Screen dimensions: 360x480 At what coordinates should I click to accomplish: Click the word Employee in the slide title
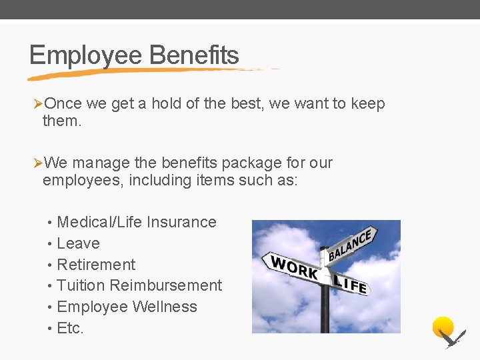[86, 55]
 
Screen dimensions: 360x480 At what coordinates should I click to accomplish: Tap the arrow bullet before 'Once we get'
[38, 104]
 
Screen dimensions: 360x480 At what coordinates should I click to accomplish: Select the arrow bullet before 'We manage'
[38, 163]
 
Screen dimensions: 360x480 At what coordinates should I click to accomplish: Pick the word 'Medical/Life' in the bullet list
[99, 222]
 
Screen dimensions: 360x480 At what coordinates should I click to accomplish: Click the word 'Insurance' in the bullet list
[181, 222]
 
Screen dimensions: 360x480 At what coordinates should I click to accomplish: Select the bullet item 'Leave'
[78, 243]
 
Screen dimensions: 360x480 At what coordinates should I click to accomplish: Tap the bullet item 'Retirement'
[96, 265]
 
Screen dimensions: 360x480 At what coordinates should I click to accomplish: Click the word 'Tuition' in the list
[81, 285]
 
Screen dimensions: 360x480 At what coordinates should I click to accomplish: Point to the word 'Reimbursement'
[166, 285]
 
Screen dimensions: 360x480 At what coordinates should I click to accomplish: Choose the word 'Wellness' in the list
[165, 307]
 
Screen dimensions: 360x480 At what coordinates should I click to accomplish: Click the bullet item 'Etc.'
[70, 328]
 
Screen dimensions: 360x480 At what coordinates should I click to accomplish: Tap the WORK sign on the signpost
[293, 267]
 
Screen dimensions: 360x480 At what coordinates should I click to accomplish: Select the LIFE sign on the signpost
[349, 283]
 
